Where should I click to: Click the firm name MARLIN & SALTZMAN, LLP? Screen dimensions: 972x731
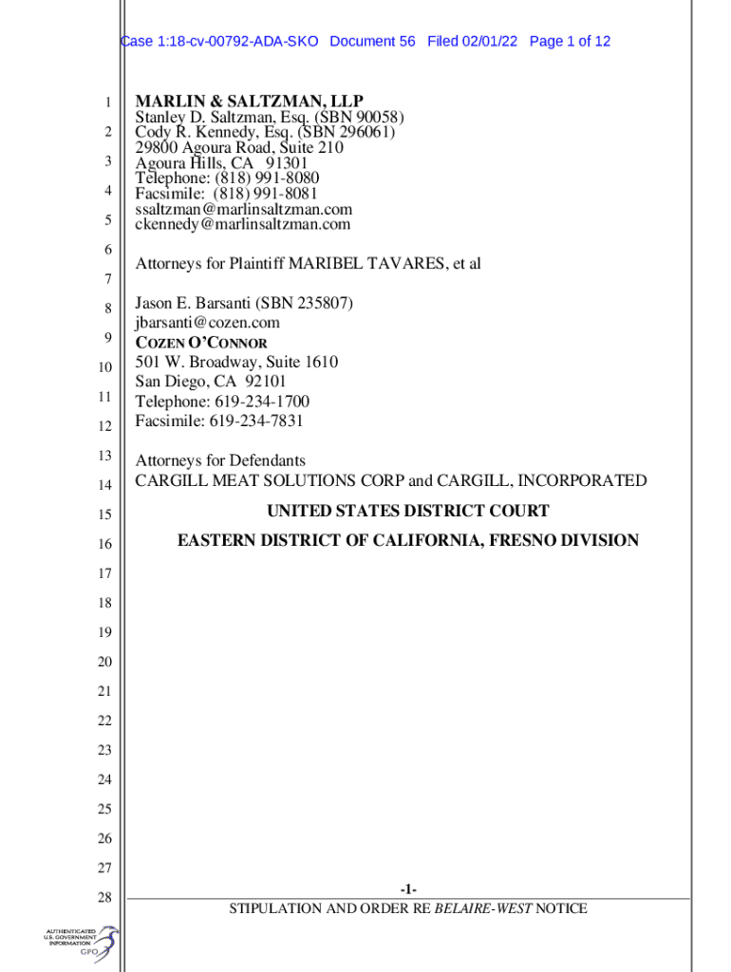tap(249, 102)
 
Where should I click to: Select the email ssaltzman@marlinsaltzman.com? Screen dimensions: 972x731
tap(243, 209)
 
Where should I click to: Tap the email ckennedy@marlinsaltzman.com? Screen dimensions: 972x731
tap(242, 224)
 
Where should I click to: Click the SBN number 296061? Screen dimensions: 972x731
tap(355, 133)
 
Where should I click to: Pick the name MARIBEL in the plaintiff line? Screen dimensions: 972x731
tap(322, 263)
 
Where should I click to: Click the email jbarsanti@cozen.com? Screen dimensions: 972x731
tap(207, 323)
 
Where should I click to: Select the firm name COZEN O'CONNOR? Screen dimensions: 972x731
tap(201, 343)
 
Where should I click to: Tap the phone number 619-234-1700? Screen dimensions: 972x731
tap(261, 402)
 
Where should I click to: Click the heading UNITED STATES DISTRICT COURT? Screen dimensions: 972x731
tap(407, 511)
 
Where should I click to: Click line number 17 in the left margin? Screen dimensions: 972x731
tap(104, 573)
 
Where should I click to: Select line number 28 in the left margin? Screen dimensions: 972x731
tap(104, 897)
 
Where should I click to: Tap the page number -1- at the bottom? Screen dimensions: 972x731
tap(408, 889)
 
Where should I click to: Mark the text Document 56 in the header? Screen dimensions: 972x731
tap(373, 42)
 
